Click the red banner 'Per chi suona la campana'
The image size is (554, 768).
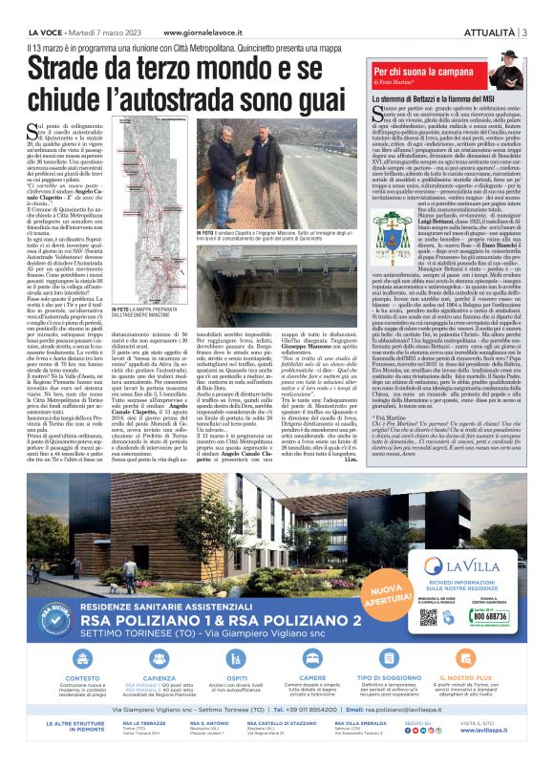[x=421, y=71]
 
